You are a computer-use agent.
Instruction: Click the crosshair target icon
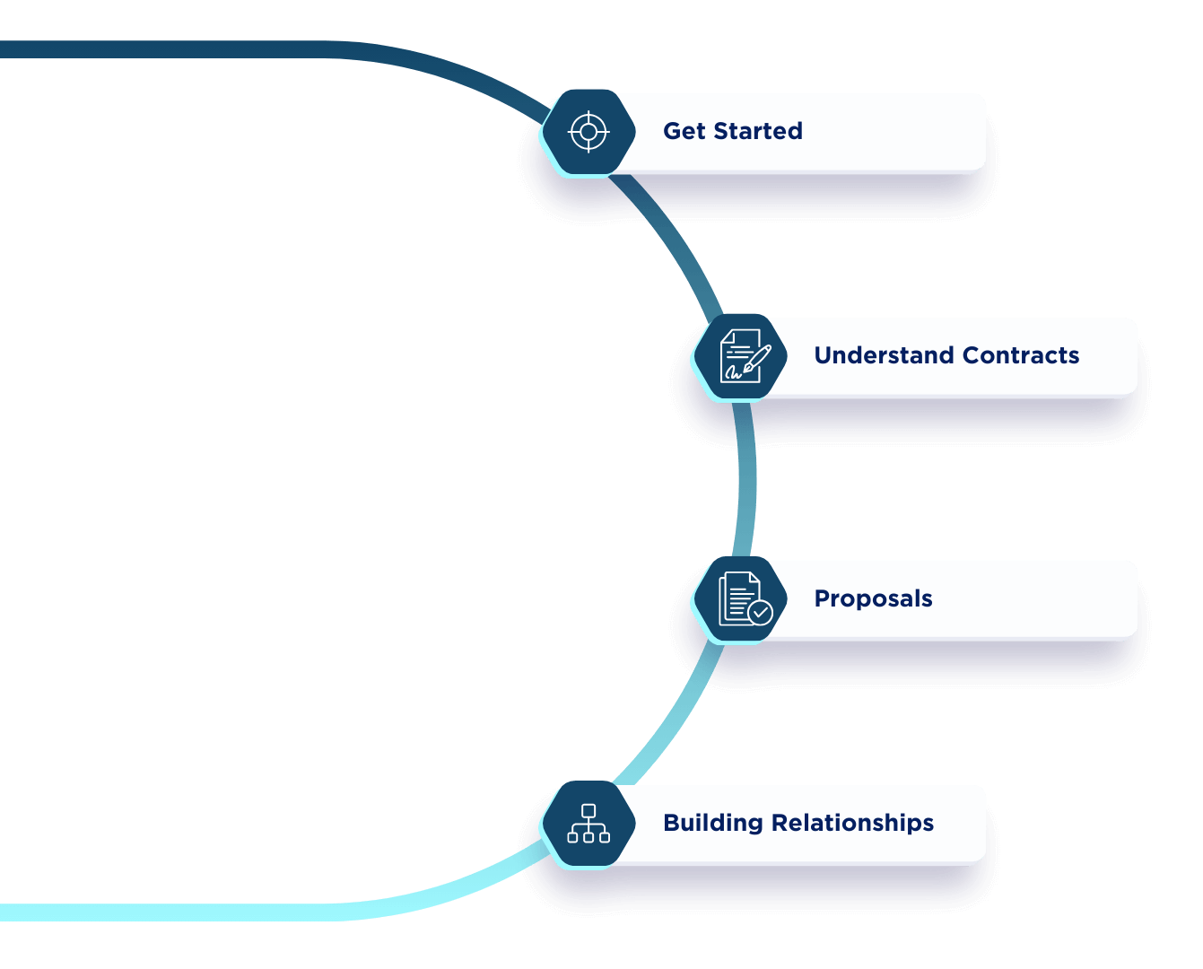coord(588,132)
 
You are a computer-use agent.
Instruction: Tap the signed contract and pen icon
coord(741,356)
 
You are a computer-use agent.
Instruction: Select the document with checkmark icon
coord(741,598)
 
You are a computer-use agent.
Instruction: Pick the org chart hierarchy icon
coord(588,824)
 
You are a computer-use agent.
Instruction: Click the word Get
coord(684,131)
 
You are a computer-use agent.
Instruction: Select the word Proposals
coord(873,598)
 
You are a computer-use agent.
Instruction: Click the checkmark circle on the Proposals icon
coord(760,612)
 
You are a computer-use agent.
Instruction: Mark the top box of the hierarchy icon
coord(588,810)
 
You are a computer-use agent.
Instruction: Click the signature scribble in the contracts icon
coord(734,371)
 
